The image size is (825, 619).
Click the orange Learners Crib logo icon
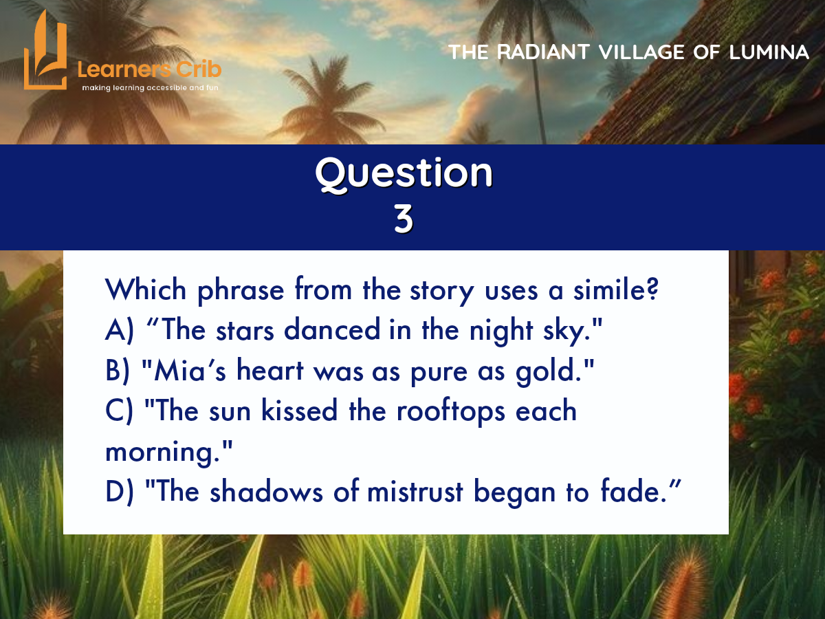[45, 51]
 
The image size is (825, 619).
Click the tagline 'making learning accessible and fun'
[150, 88]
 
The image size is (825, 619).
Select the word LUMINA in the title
[769, 52]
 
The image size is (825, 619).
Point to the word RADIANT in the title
[542, 52]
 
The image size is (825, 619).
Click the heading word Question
[404, 173]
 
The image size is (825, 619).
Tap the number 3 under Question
[404, 219]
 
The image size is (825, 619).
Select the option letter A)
[120, 329]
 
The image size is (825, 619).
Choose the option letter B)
[118, 370]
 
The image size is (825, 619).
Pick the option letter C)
[119, 411]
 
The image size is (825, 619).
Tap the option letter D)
[120, 492]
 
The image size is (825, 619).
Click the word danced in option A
[332, 329]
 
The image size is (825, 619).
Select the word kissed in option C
[299, 410]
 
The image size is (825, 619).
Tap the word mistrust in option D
[415, 492]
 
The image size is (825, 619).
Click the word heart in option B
[270, 370]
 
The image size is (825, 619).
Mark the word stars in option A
[245, 331]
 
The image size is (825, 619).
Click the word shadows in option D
[266, 491]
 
